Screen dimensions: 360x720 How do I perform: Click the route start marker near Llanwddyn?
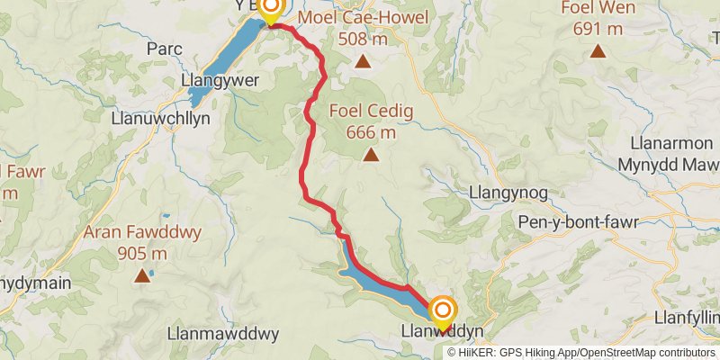(x=442, y=310)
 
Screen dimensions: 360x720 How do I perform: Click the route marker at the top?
(x=270, y=8)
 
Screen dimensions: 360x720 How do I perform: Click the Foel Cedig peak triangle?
(x=371, y=156)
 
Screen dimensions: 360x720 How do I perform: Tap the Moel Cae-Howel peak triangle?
(x=362, y=62)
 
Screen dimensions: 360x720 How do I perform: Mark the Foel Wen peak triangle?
(x=597, y=50)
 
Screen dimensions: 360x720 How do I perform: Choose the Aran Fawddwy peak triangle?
(x=142, y=276)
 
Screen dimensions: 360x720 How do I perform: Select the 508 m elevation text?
(x=364, y=39)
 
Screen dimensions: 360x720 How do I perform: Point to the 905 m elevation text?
(x=142, y=253)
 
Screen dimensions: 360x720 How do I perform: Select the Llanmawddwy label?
(x=223, y=334)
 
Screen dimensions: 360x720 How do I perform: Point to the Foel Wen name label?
(x=598, y=8)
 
